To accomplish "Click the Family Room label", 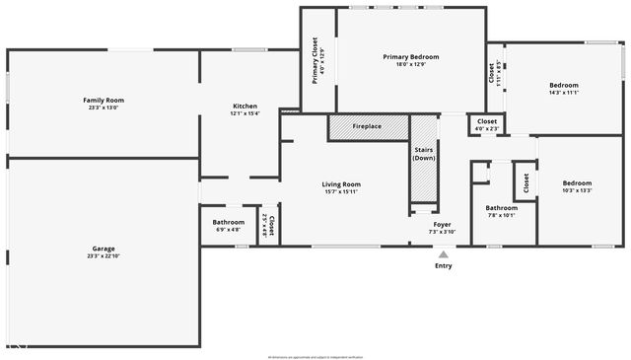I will (x=104, y=100).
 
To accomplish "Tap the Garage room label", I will (x=104, y=248).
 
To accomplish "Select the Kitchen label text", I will (x=245, y=107).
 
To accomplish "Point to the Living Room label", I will (x=341, y=184).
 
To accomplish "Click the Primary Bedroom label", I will (x=411, y=57).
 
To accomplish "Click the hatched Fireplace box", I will (x=368, y=127).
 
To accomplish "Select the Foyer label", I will (x=442, y=223).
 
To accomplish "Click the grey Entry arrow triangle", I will (x=443, y=254).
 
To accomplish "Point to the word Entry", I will (x=444, y=266).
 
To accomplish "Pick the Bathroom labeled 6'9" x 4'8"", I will (x=229, y=222).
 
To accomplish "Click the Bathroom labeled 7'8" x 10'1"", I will (x=501, y=208).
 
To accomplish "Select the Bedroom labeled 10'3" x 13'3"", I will (x=577, y=182).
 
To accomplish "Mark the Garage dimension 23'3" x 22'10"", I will (x=104, y=255).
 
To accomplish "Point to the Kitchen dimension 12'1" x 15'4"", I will (x=245, y=114).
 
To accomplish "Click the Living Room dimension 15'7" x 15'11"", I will (x=341, y=192).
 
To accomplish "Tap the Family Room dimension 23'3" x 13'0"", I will (x=104, y=108).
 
